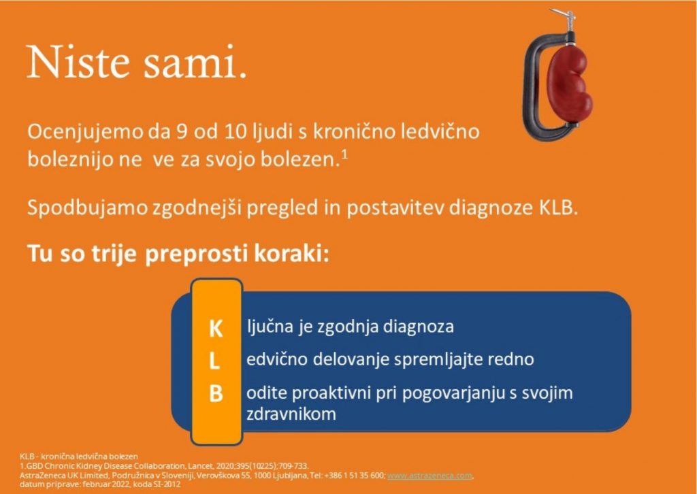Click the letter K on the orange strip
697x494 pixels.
(x=216, y=329)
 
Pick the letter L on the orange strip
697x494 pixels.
(x=214, y=361)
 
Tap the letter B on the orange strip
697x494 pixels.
(x=216, y=393)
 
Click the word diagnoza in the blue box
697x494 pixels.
(x=419, y=327)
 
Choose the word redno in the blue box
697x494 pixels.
(x=511, y=359)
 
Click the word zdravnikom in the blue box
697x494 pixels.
(x=291, y=414)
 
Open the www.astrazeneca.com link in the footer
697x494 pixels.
(x=429, y=476)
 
